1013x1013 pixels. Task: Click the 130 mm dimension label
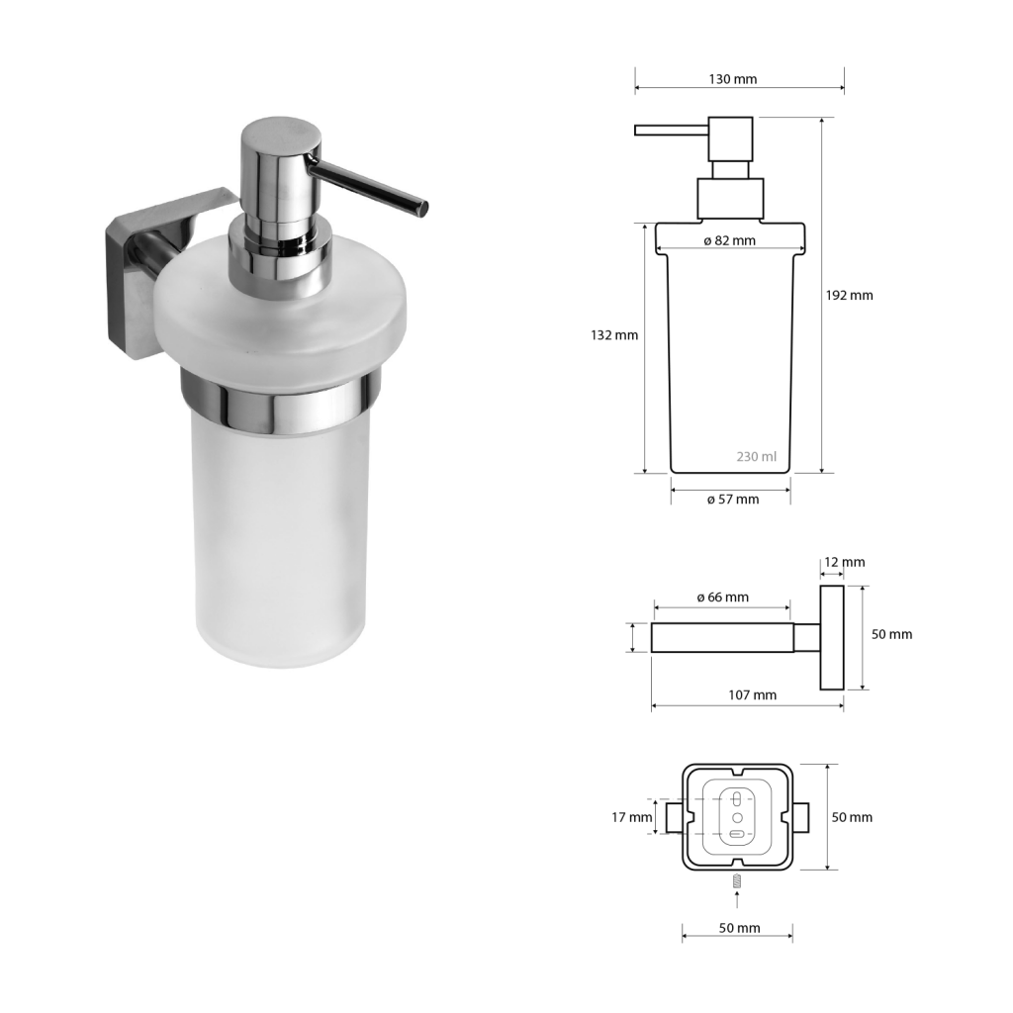(733, 79)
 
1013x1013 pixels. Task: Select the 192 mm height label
(849, 295)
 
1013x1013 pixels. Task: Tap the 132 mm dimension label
(613, 335)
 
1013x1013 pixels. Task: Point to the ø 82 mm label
(729, 241)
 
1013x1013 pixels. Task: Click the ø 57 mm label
(733, 500)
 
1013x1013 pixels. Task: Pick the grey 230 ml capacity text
(757, 457)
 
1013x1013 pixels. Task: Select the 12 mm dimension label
(844, 562)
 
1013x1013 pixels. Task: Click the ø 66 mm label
(722, 598)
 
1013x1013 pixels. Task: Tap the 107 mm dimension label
(752, 695)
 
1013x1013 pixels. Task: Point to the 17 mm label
(632, 817)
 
